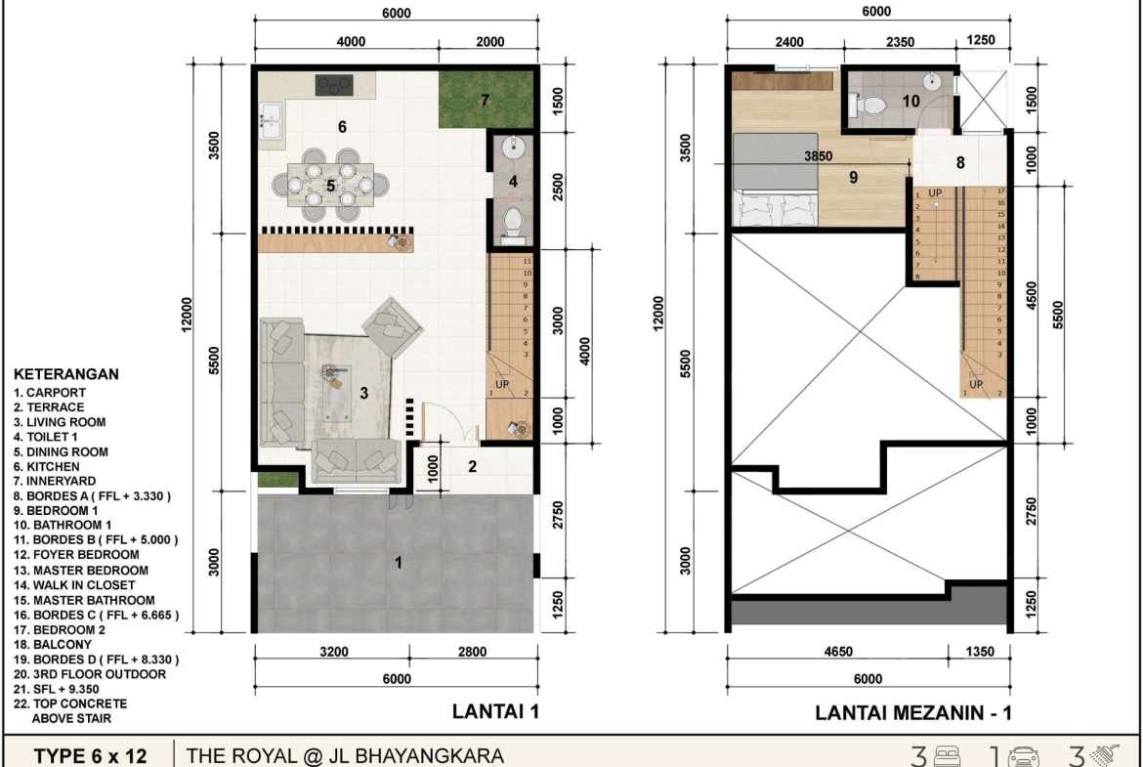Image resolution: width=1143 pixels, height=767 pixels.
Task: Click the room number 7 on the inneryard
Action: coord(485,100)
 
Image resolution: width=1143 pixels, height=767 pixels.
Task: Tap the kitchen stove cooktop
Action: coord(334,85)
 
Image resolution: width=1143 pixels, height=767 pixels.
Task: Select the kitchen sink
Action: coord(271,120)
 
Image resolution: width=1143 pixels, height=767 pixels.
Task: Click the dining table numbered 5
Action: coord(330,186)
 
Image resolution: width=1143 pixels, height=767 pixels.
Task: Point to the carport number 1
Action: coord(398,562)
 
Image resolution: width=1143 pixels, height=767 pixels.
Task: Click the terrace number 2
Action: coord(473,466)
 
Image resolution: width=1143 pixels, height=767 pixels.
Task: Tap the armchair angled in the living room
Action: coord(392,326)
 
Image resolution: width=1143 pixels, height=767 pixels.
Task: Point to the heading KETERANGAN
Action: coord(66,374)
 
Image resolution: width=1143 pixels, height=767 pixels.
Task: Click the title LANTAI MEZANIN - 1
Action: coord(912,712)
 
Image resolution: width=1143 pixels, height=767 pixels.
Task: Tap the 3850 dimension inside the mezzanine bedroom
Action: coord(818,156)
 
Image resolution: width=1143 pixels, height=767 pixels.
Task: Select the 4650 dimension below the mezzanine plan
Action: coord(837,651)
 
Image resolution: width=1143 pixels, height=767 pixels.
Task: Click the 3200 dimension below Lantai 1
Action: coord(334,651)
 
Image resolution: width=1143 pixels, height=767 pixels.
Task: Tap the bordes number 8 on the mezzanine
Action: coord(960,162)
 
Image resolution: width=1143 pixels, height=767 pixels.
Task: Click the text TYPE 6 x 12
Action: coord(91,756)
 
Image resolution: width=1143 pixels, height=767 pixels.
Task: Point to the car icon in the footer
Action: coord(1023,757)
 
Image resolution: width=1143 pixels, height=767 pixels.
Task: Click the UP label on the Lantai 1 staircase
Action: coord(502,384)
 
